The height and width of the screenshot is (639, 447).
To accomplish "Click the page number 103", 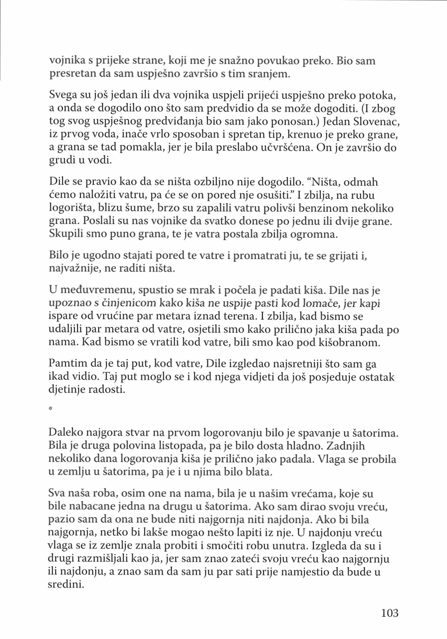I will pos(390,613).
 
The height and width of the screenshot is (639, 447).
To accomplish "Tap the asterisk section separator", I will pos(51,409).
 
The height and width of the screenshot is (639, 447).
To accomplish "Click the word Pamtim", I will pos(68,364).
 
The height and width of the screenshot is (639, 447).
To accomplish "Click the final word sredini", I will pos(66,585).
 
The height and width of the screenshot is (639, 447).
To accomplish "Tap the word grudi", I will pos(60,161).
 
